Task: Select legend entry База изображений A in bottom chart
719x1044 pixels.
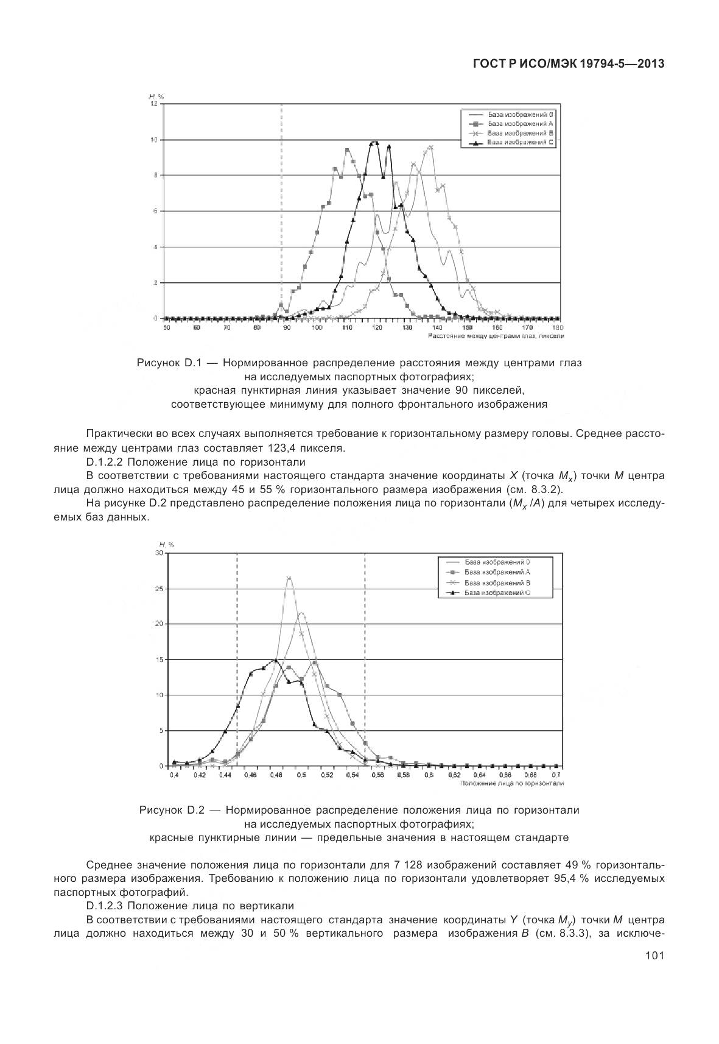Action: coord(497,572)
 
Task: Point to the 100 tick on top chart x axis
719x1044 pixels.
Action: coord(317,328)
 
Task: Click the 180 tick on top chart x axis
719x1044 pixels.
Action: coord(558,328)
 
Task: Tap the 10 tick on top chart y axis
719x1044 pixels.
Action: coord(155,140)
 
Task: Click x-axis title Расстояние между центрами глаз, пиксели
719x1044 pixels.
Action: coord(496,336)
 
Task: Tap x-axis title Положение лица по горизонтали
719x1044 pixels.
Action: coord(511,784)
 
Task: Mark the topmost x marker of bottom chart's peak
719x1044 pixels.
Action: coord(289,578)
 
